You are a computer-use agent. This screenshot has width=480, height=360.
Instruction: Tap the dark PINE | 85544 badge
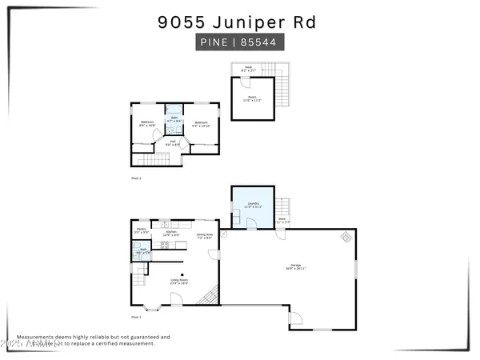239,42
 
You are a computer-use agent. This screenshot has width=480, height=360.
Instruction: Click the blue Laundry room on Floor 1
253,206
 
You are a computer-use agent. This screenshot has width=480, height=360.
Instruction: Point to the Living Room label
178,281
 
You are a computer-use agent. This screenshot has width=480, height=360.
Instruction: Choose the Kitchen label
171,234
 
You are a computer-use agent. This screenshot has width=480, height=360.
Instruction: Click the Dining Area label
204,236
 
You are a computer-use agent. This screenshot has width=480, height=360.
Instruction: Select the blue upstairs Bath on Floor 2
174,121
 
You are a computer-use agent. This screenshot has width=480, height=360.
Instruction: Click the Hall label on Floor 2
173,142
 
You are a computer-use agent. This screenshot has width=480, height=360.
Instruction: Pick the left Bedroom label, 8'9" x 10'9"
146,123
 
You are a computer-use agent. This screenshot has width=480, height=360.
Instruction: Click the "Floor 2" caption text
135,178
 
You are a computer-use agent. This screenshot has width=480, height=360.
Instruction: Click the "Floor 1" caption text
135,318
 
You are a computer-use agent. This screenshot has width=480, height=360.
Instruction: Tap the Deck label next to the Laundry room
282,219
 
